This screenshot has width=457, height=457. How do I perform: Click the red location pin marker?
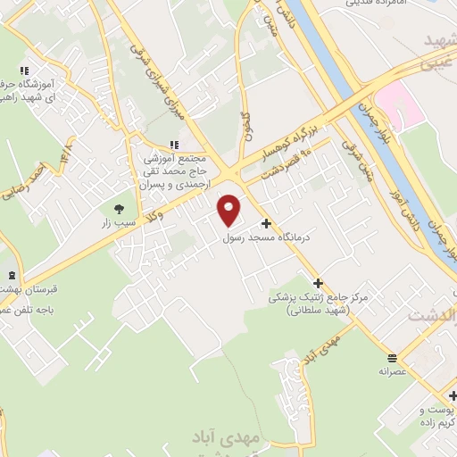coord(229,209)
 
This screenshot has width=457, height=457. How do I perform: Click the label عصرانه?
coord(394,370)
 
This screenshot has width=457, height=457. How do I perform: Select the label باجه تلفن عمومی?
coord(25,308)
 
